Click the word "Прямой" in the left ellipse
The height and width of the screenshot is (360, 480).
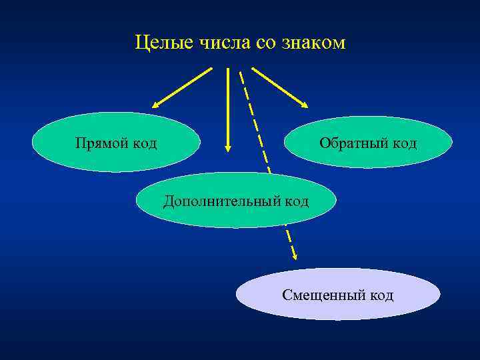pyautogui.click(x=103, y=143)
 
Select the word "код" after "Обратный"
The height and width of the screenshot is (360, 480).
pyautogui.click(x=404, y=143)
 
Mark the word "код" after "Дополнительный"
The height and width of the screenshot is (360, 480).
pyautogui.click(x=297, y=201)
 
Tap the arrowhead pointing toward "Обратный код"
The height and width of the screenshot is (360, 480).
pyautogui.click(x=303, y=103)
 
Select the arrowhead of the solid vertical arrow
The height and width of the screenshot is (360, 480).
pyautogui.click(x=228, y=147)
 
